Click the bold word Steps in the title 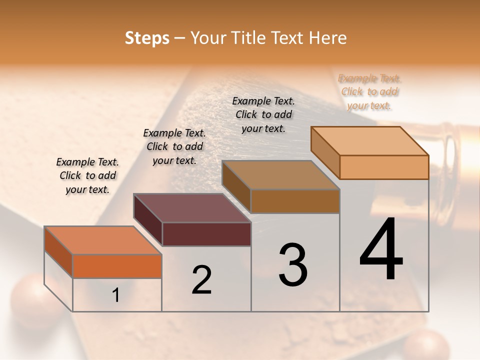coord(147,38)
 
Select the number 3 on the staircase coord(293,264)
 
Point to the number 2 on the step coord(202,280)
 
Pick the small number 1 coord(116,295)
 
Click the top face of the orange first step coord(103,240)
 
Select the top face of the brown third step coord(280,175)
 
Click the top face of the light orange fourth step coord(369,140)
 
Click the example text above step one coord(87,175)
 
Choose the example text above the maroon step coord(174,146)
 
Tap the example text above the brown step coord(263,114)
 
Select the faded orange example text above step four coord(369,91)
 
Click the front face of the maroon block coord(206,234)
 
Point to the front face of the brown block coord(295,201)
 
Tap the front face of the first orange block coord(117,266)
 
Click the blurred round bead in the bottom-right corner coord(426,346)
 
